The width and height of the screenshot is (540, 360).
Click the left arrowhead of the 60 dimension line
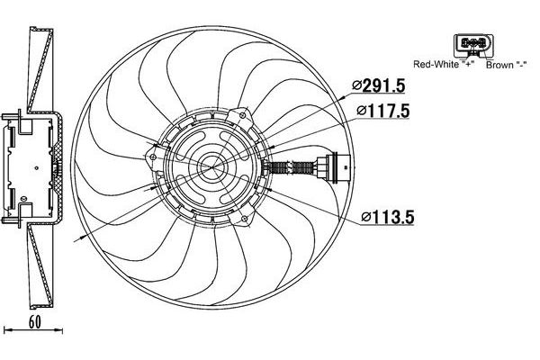point(7,329)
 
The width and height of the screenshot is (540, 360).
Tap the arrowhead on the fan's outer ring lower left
point(84,236)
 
